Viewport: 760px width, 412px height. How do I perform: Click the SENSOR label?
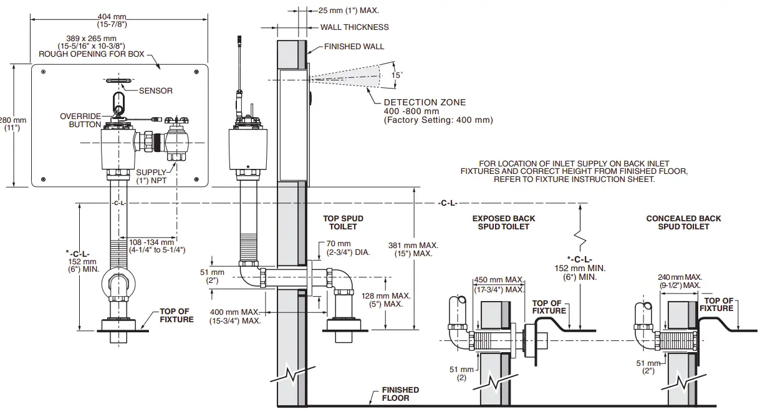click(x=155, y=91)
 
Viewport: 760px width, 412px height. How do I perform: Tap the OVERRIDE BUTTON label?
click(x=80, y=120)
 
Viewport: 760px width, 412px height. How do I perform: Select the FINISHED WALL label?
click(x=354, y=47)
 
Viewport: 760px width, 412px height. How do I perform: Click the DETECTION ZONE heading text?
click(x=424, y=102)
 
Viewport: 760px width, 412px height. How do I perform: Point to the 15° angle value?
click(x=397, y=75)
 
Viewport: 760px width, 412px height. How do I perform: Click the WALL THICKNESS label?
click(x=354, y=27)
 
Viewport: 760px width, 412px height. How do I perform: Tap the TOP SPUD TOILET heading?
click(x=343, y=223)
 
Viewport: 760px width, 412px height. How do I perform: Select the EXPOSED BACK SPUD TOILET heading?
click(x=503, y=223)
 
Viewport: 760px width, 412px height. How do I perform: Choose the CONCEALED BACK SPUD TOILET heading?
click(x=683, y=223)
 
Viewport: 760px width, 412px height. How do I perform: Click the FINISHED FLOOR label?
click(x=400, y=394)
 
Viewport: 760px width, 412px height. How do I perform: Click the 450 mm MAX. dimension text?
click(x=499, y=280)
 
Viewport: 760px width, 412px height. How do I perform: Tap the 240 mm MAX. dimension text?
click(x=680, y=277)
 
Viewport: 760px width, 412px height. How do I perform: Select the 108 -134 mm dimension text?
click(x=152, y=242)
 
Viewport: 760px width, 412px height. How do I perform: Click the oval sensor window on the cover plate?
click(x=118, y=81)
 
